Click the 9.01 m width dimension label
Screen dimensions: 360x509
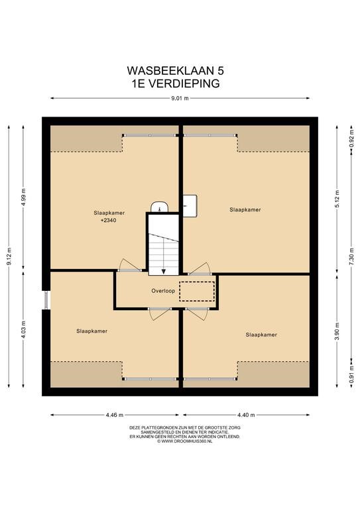coord(180,98)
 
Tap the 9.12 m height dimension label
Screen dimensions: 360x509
coord(9,256)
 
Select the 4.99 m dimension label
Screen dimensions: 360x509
coord(23,197)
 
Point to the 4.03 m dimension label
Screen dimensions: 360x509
coord(23,329)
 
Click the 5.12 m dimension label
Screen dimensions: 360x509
coord(337,199)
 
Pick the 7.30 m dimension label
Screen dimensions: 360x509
coord(351,256)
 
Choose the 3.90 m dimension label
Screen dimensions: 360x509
coord(337,331)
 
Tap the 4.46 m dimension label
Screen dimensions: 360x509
coord(115,415)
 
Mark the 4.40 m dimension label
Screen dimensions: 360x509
coord(246,415)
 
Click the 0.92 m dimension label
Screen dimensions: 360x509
coord(351,139)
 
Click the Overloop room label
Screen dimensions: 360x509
coord(163,291)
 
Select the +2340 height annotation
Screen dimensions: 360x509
coord(109,221)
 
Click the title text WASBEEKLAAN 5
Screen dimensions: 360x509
coord(175,70)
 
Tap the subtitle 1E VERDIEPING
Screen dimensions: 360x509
coord(175,84)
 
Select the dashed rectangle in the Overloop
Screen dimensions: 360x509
coord(197,291)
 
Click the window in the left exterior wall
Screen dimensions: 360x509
coord(46,300)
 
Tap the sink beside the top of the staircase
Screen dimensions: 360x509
coord(159,207)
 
